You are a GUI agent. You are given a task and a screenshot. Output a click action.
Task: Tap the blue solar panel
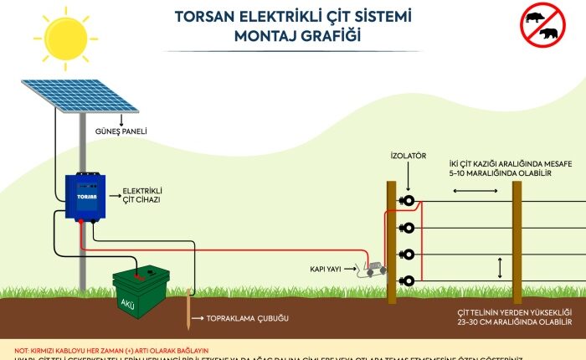point(80,96)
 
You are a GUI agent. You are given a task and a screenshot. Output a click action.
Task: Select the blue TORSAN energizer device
point(86,196)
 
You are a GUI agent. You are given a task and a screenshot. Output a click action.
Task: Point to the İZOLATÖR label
point(408,156)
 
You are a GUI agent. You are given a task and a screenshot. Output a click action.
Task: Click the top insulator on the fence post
point(407,201)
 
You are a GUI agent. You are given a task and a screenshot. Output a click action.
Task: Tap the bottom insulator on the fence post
point(407,280)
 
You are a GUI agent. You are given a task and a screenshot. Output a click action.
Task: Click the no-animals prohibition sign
point(542,24)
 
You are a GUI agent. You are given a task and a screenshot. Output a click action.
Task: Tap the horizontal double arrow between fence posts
point(465,192)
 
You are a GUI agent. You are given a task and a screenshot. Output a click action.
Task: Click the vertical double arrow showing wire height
point(500,268)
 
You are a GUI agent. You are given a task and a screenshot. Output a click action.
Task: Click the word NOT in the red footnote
point(22,349)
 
